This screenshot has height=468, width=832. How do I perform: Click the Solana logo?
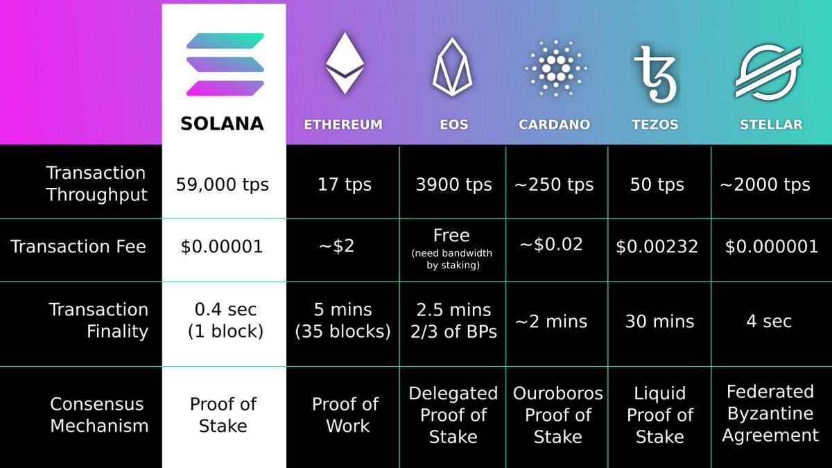click(x=225, y=64)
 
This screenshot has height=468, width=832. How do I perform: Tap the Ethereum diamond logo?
click(x=345, y=63)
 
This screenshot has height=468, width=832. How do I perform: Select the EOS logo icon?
click(x=453, y=67)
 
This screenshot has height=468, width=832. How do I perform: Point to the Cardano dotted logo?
click(x=555, y=67)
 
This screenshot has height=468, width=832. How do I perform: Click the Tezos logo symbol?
click(x=655, y=73)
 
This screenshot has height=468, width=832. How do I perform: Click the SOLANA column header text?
click(x=223, y=124)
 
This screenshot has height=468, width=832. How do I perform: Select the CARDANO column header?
click(x=555, y=125)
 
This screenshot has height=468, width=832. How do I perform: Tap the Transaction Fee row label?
click(x=78, y=247)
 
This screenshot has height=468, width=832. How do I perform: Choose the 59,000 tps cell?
click(x=223, y=185)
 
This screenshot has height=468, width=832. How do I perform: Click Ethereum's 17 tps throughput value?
click(x=345, y=185)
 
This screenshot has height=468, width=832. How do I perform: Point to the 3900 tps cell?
click(x=453, y=185)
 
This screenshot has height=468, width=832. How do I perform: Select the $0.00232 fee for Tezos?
click(x=657, y=247)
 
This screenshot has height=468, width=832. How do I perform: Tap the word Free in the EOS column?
click(x=451, y=236)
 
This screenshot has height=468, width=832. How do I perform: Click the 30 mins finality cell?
click(x=659, y=322)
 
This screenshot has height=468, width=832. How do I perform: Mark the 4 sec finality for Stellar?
click(x=769, y=322)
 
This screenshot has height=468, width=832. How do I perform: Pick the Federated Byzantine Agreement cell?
click(x=770, y=413)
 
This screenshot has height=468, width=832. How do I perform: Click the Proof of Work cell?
click(x=345, y=415)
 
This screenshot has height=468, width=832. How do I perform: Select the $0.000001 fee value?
click(x=772, y=247)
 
